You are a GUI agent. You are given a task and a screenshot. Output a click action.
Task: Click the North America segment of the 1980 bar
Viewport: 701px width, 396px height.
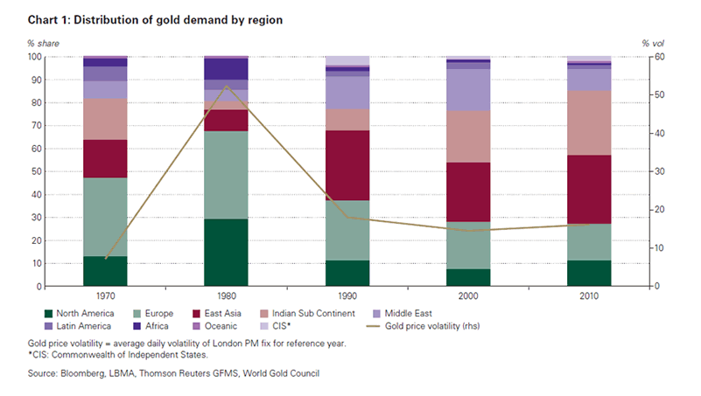pos(226,253)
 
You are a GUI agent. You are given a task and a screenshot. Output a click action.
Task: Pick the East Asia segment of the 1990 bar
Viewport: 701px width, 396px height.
pos(347,165)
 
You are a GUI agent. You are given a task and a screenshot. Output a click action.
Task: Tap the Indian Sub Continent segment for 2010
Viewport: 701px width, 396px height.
pos(589,122)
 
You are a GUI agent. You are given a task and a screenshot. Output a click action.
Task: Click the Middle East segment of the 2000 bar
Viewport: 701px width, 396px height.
pos(468,89)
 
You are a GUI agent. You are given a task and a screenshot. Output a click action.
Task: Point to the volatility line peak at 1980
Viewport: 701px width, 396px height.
pos(226,86)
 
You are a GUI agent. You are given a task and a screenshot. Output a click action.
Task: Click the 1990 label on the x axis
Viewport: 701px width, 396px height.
pos(347,297)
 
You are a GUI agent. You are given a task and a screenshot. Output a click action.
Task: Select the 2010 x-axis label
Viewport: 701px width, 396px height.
pos(589,297)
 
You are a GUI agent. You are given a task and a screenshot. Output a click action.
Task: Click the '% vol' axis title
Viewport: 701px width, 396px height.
pos(654,43)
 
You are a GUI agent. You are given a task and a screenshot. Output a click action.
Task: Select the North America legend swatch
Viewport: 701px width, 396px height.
pos(49,313)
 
